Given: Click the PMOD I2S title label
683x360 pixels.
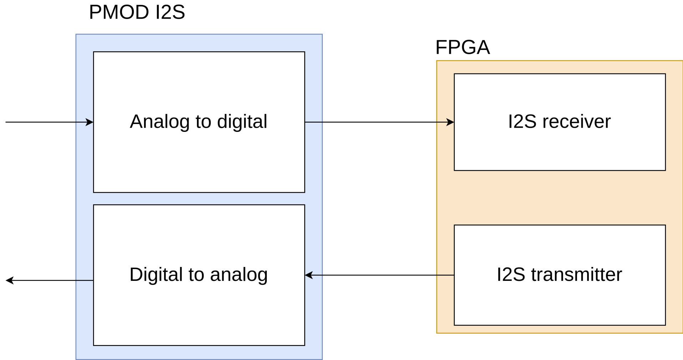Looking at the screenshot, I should click(x=137, y=12).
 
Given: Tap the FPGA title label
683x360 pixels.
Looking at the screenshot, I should click(x=463, y=47).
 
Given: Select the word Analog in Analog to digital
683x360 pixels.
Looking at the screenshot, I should click(x=159, y=122).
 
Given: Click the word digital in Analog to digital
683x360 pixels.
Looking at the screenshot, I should click(x=242, y=122).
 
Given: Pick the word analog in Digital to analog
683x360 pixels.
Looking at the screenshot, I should click(x=239, y=275).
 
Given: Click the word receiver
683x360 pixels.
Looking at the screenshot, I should click(x=576, y=122).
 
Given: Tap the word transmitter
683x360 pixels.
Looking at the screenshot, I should click(x=576, y=274).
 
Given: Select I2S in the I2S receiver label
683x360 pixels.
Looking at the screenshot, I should click(x=522, y=122).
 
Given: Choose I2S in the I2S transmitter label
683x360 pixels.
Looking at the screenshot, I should click(x=511, y=274).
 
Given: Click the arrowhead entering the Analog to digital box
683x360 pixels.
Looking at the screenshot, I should click(x=90, y=122).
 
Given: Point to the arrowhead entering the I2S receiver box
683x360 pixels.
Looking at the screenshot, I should click(x=450, y=122).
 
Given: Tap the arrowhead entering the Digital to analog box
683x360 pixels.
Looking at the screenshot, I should click(x=309, y=275).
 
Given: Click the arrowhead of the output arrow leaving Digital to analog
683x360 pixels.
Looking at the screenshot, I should click(x=10, y=281).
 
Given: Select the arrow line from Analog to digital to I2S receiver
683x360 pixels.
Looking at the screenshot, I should click(x=374, y=122).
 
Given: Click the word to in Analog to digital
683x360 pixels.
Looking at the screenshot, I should click(x=203, y=122).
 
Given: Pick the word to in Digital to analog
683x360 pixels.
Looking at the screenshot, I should click(x=196, y=275).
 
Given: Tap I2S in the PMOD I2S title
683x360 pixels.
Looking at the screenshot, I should click(x=170, y=12).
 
